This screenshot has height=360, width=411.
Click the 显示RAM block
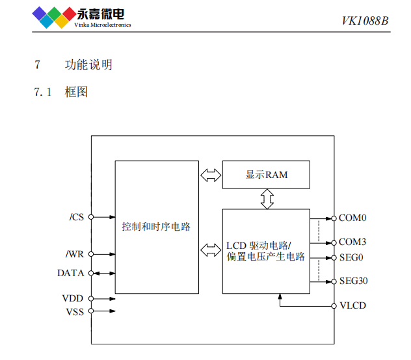coord(266,175)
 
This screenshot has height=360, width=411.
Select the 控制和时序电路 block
coord(156,227)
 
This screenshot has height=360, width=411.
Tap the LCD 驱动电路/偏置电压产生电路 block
coord(266,251)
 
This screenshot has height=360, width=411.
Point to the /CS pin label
coord(76,218)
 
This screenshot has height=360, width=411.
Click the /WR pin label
coord(75,253)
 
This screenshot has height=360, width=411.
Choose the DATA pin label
coord(71,273)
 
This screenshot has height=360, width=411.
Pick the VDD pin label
coord(73,299)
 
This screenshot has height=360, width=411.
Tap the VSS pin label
coord(73,312)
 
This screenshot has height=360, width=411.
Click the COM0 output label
coord(352,218)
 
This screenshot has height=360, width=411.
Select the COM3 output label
coord(352,242)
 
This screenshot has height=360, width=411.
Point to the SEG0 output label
coord(351,257)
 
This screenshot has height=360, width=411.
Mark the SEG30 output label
coord(354,281)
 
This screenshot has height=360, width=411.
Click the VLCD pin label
coord(353,305)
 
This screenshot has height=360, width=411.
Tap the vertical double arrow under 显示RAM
coord(266,199)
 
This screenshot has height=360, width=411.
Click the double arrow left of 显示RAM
coord(210,175)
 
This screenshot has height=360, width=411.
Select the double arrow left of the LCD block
coord(210,250)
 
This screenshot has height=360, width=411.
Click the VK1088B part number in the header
coord(365,21)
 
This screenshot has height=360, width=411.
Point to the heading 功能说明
coord(89,65)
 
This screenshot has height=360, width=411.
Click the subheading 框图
coord(77,92)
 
